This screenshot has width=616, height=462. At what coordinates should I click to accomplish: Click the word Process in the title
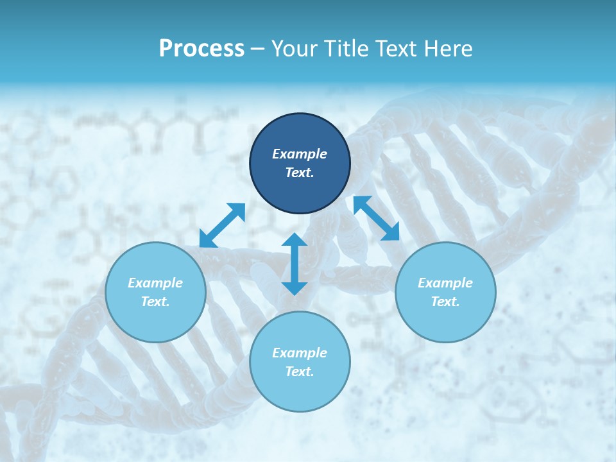201,49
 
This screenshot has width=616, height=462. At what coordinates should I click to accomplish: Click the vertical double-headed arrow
294,264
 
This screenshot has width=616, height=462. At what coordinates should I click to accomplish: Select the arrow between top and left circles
222,225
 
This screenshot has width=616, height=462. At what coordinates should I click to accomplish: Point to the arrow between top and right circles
376,218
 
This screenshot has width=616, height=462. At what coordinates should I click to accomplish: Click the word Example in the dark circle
300,154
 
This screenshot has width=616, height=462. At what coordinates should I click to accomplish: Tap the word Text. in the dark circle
300,173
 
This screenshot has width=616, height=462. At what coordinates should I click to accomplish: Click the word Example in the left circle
155,283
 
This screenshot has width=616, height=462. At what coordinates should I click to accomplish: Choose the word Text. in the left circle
155,302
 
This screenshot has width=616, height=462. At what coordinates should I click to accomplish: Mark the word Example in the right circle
445,283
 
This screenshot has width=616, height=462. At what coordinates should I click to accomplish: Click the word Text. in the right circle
445,302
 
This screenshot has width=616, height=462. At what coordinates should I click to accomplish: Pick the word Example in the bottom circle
300,353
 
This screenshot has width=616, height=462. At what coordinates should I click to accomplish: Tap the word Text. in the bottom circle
300,372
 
